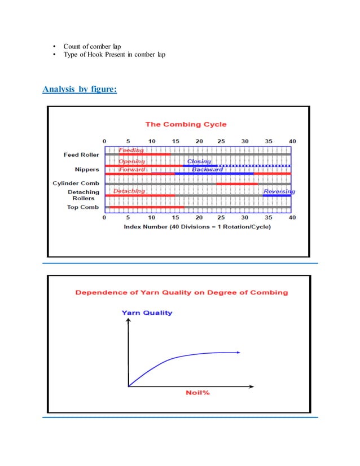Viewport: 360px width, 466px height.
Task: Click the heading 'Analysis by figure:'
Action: [x=80, y=88]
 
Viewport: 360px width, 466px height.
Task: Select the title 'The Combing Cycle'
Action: [x=186, y=124]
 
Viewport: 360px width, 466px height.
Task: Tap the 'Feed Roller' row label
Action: [x=81, y=154]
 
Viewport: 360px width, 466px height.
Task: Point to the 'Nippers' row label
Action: [x=87, y=169]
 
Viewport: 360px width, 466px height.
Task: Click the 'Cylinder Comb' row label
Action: [x=76, y=183]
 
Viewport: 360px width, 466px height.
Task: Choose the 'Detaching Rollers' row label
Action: [x=85, y=195]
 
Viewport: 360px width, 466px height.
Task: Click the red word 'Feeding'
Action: [x=130, y=150]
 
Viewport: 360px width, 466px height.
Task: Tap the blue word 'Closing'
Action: [x=199, y=161]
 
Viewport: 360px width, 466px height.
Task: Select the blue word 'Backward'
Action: [x=207, y=169]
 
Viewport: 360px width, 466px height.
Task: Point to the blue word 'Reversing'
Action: [x=279, y=191]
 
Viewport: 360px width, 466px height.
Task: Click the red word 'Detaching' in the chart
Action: [x=129, y=191]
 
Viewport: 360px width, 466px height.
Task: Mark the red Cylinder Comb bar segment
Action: [x=237, y=184]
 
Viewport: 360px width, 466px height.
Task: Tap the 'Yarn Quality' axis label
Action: [x=147, y=312]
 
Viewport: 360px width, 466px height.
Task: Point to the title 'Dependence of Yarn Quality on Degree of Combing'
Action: [x=182, y=292]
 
